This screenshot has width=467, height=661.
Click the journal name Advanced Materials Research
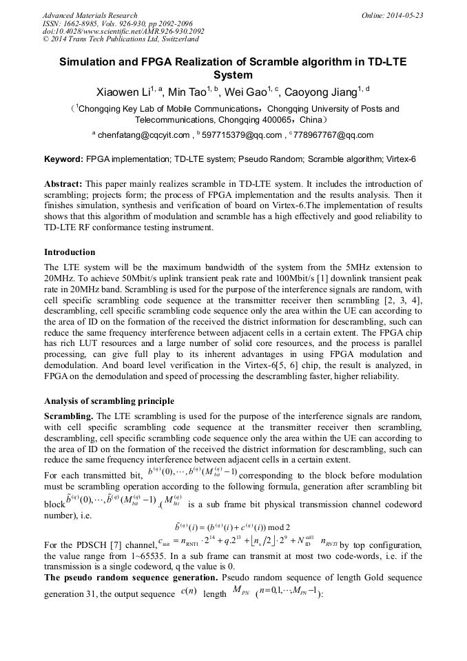(x=90, y=15)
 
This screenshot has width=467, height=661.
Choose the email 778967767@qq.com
(x=333, y=135)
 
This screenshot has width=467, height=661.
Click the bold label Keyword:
(x=63, y=159)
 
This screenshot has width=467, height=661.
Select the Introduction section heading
(x=70, y=252)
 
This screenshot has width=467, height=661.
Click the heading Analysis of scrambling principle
(x=109, y=401)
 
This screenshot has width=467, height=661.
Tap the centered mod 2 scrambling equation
(x=233, y=528)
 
